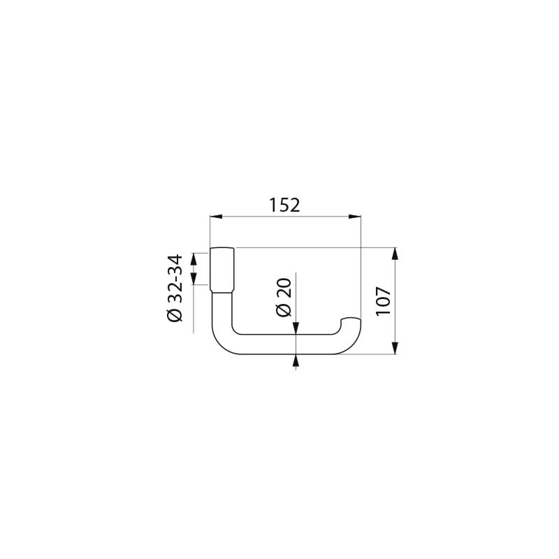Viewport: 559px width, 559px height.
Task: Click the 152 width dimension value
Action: (284, 205)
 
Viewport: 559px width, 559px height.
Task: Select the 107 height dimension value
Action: (382, 300)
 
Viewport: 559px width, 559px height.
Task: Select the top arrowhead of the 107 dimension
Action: (395, 253)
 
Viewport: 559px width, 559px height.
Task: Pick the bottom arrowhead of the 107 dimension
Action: (395, 349)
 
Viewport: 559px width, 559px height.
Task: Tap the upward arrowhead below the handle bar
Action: (296, 361)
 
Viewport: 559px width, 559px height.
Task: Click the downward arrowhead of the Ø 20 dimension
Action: (296, 328)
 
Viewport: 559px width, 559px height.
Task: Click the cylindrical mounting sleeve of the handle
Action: (223, 270)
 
